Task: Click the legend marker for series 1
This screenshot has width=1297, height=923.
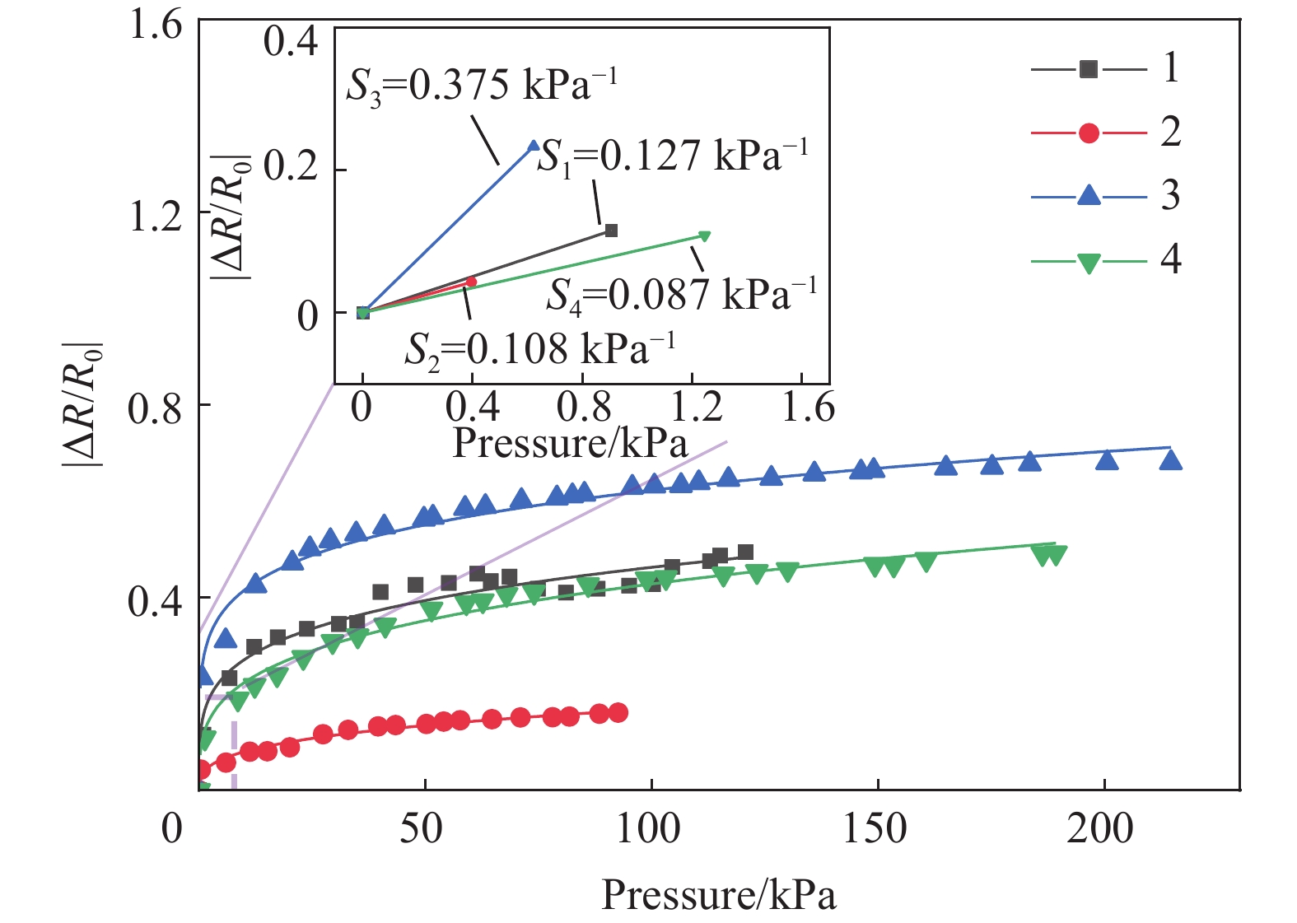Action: coord(1089,69)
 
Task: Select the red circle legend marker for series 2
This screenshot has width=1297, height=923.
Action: coord(1089,133)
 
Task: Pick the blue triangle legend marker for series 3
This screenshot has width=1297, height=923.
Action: coord(1089,196)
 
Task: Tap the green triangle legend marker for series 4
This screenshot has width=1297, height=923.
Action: coord(1089,263)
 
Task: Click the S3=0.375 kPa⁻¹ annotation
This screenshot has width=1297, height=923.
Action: coord(481,85)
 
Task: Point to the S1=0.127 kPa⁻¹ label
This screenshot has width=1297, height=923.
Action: coord(672,156)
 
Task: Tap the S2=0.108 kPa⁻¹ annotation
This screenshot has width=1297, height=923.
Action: coord(539,349)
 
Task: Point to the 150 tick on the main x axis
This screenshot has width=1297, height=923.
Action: coord(875,827)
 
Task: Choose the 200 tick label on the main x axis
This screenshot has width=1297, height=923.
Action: coord(1100,827)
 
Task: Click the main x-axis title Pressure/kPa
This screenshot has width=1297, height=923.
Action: coord(718,895)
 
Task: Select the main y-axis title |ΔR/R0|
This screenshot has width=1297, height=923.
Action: coord(82,403)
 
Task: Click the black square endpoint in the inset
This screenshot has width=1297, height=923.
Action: coord(611,231)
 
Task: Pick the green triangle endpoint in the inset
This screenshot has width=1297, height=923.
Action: coord(704,236)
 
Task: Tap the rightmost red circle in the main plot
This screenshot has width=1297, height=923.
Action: coord(618,713)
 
